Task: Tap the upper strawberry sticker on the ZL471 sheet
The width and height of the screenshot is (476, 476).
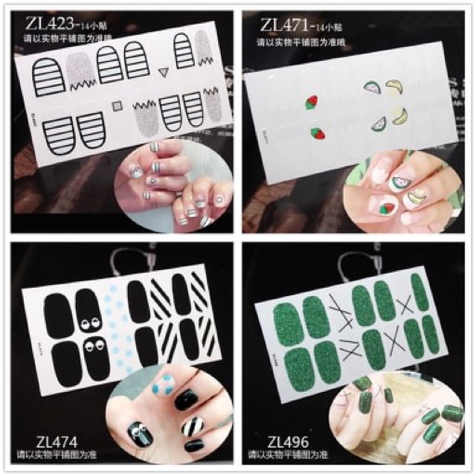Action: coord(312,102)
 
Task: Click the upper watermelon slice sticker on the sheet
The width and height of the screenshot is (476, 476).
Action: coord(372,90)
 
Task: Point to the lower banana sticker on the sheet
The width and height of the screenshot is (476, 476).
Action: coord(401,116)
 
